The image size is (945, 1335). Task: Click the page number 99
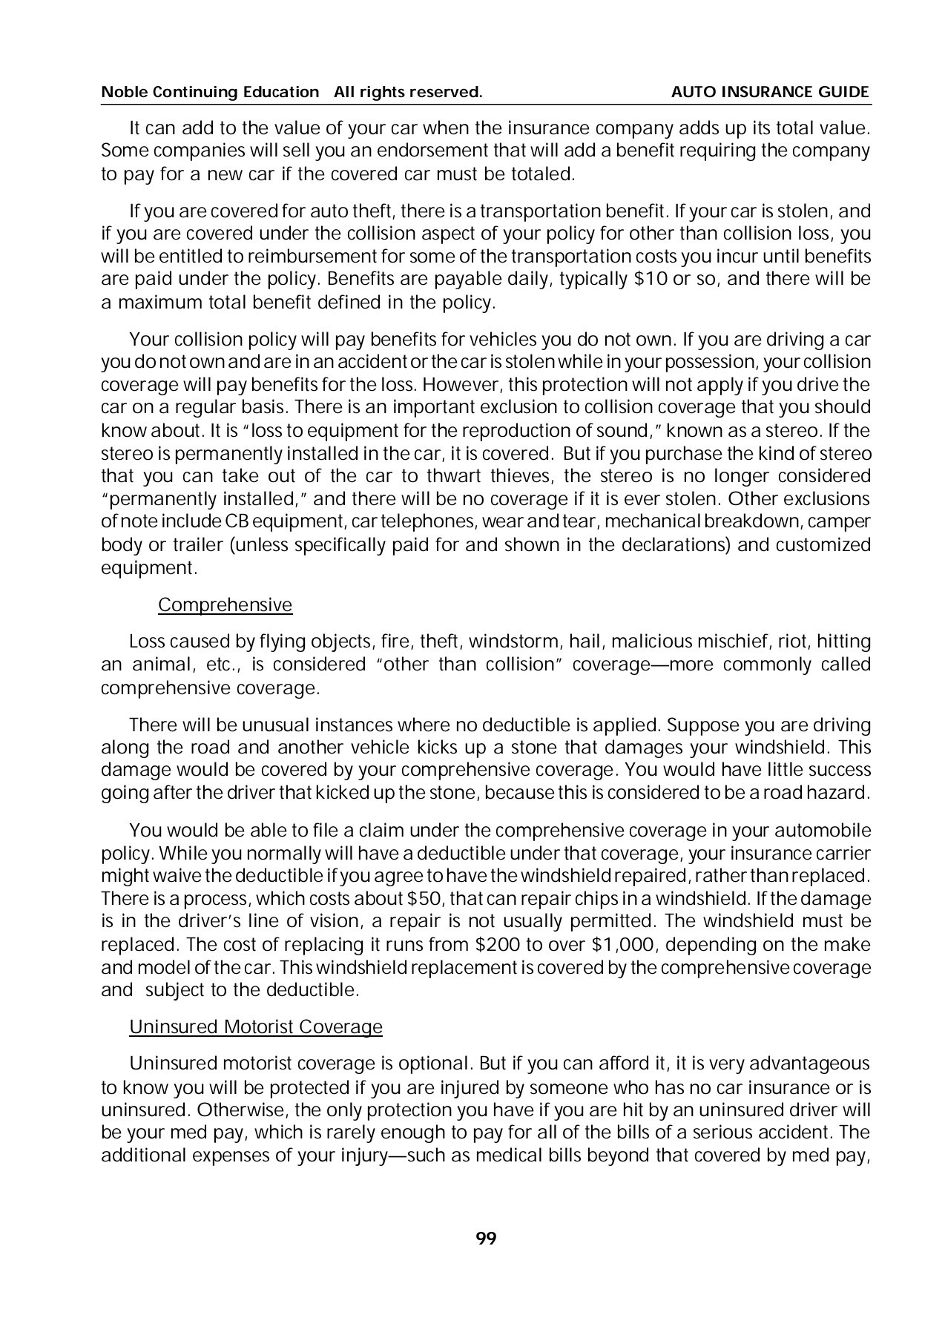tap(486, 1238)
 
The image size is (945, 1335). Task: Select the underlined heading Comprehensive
tap(225, 605)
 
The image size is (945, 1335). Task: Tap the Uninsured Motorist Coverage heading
tap(256, 1027)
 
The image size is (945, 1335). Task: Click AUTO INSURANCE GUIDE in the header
tap(770, 92)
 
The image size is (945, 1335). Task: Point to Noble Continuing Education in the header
tap(209, 92)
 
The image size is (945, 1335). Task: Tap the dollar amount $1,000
tap(607, 945)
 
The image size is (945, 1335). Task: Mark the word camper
tap(846, 521)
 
